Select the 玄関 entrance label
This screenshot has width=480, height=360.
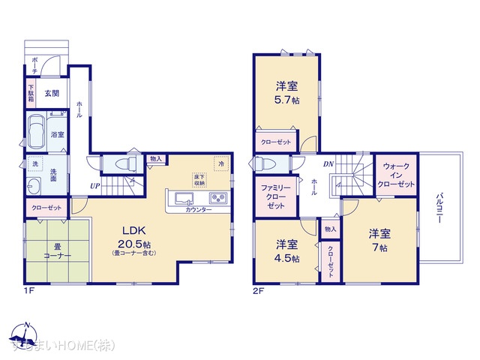(51, 94)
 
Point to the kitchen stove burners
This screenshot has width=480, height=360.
(218, 198)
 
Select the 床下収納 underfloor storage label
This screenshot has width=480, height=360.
(199, 178)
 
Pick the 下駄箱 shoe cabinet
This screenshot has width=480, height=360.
(31, 94)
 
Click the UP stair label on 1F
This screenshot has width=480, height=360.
(94, 186)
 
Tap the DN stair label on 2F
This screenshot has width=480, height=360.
(328, 163)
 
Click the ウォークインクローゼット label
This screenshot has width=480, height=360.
(397, 174)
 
